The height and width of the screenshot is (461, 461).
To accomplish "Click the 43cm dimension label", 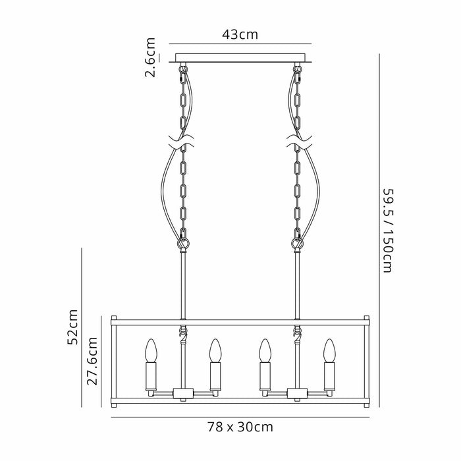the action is pos(240,35).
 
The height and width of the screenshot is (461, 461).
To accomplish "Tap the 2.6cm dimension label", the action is pos(150,57).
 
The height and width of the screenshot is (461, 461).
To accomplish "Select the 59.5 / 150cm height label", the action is pos(387,230).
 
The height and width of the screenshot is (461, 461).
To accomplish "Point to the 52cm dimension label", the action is pos(72,327).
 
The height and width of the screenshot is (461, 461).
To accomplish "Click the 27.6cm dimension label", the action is pos(92,362).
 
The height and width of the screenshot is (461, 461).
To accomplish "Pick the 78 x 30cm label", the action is pos(240,427).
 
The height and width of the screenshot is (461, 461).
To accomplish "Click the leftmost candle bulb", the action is pos(151,350).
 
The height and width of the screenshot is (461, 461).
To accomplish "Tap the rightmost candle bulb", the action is pos(329,350).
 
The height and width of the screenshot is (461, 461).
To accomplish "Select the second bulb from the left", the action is pos(215,350).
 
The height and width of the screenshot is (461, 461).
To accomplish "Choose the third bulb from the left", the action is pos(265,350).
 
